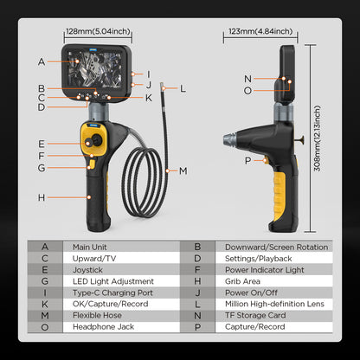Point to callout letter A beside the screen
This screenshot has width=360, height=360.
41,61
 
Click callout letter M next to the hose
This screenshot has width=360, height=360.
183,170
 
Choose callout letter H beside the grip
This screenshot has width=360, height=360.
41,198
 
